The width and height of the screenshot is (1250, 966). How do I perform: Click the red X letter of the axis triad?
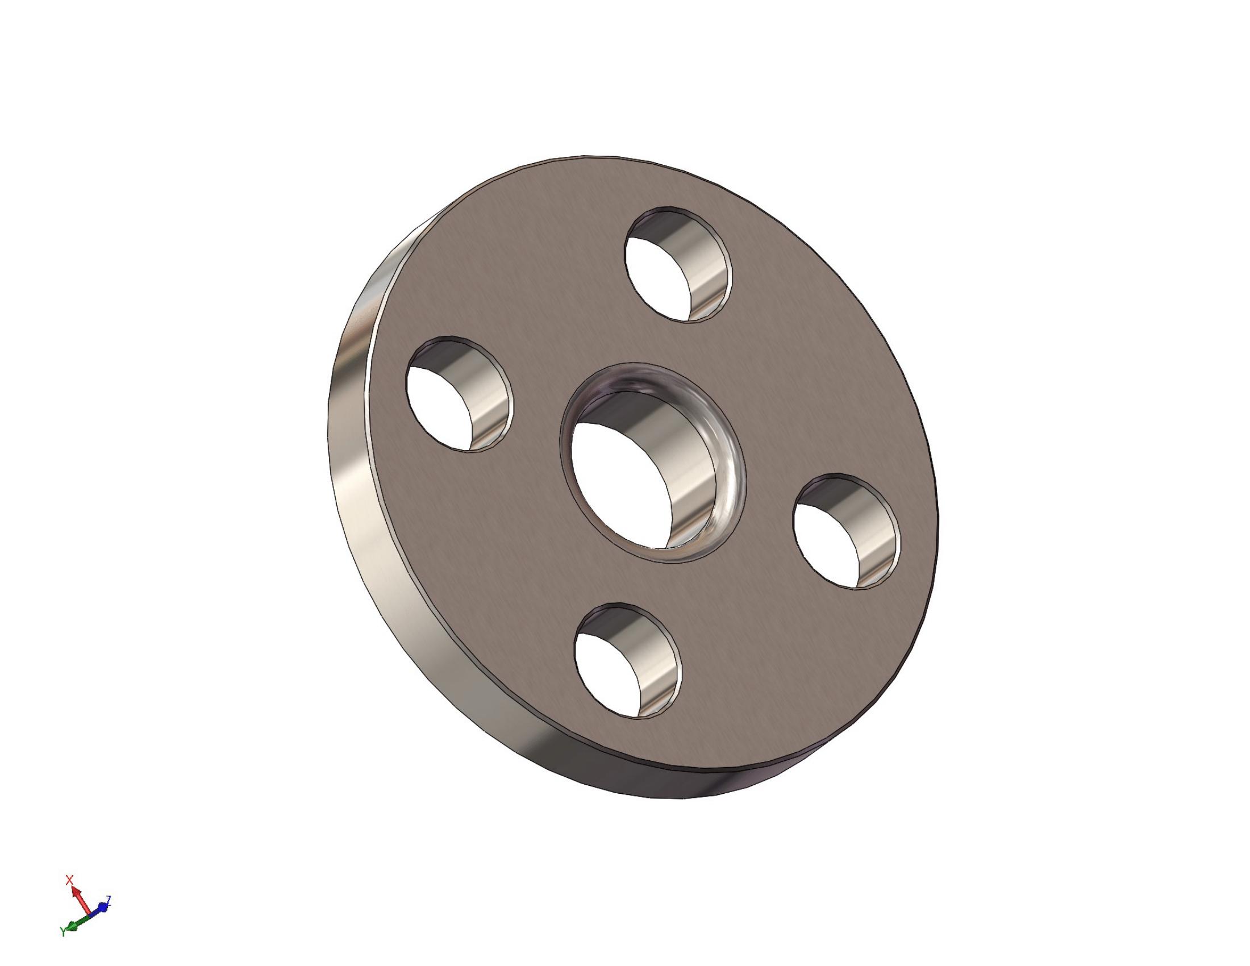(x=70, y=879)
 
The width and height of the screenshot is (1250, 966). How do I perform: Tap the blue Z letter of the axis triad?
(x=109, y=900)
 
